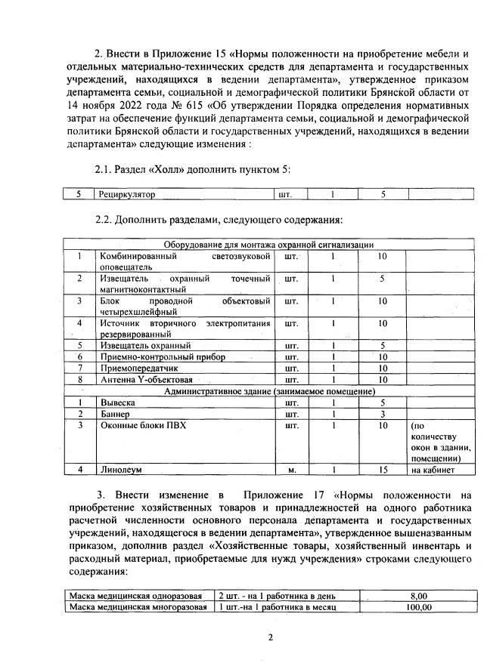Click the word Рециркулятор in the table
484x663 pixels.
click(x=127, y=194)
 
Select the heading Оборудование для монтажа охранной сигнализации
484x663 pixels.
click(x=268, y=245)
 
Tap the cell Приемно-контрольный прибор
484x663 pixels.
click(x=152, y=356)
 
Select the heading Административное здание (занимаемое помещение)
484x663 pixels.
click(x=269, y=391)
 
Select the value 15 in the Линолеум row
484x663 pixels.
click(x=383, y=470)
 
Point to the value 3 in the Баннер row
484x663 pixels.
click(x=383, y=414)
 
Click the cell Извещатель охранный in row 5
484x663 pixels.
click(x=136, y=345)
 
